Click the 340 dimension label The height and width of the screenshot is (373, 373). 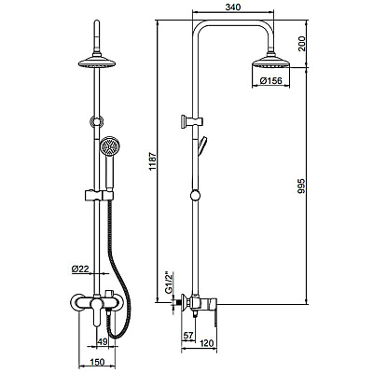(233, 7)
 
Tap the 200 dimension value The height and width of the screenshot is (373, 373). (301, 44)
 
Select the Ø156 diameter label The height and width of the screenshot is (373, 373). (271, 81)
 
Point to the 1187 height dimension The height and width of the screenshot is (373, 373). (152, 161)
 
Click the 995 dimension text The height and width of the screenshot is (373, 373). (301, 186)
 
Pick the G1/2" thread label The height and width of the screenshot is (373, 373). (168, 283)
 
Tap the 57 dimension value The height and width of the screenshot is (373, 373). (187, 335)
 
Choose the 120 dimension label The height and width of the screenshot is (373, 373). (208, 343)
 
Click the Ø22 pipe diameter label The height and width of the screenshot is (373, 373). (80, 269)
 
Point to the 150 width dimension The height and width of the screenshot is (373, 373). (97, 362)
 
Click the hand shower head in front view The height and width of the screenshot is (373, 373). (109, 145)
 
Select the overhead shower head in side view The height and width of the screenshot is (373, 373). (270, 62)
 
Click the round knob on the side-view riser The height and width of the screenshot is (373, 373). (195, 196)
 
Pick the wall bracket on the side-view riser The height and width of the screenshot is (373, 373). (191, 121)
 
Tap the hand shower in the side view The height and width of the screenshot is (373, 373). (202, 145)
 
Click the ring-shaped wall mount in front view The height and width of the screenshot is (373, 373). (96, 121)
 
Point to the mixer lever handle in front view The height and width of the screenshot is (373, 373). (96, 311)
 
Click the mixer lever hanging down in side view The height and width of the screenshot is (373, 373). (214, 316)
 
